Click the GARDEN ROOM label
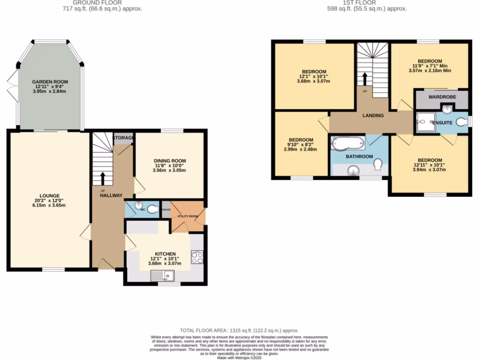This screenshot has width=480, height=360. coord(50,82)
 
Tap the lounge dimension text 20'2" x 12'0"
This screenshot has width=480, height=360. coord(50,201)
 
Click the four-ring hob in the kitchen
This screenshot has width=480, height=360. coord(197,257)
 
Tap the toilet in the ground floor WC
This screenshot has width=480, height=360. coord(152,210)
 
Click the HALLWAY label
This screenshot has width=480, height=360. coord(111,195)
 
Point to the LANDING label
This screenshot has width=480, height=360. coord(373,115)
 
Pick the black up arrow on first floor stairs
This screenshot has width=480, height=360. coord(365,78)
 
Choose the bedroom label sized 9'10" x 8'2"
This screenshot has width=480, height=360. coord(300,140)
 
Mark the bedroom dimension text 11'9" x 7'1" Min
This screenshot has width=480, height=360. coord(430,66)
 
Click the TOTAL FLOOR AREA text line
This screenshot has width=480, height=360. coord(239,330)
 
